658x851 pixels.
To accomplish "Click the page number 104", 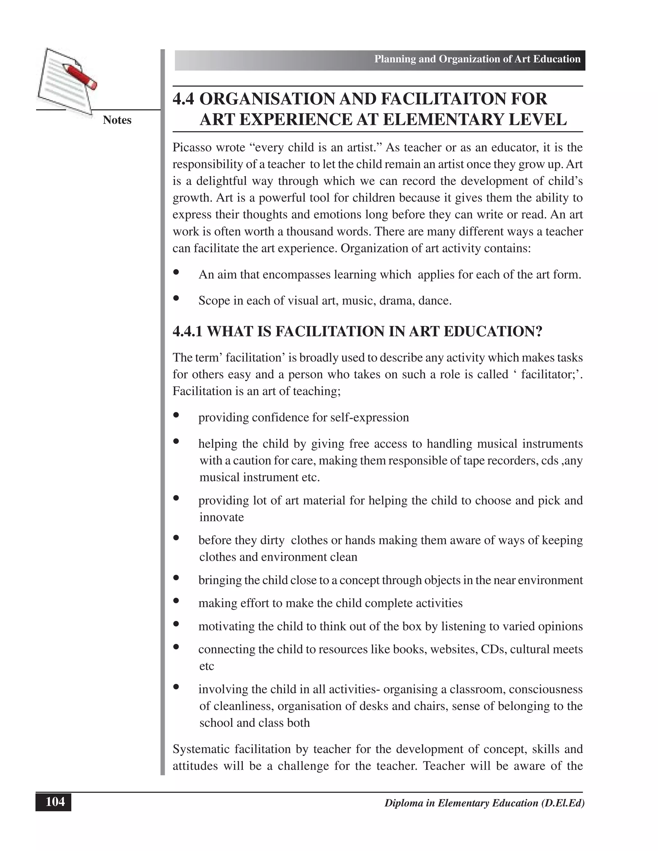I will tap(55, 802).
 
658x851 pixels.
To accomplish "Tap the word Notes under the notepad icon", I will tap(117, 120).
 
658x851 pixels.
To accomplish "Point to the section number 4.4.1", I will tap(188, 332).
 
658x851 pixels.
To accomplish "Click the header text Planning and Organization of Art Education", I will tap(477, 59).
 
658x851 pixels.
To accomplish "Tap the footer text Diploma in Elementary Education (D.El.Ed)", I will tap(484, 803).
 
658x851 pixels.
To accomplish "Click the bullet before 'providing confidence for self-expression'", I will tap(176, 415).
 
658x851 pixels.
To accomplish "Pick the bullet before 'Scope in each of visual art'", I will tap(176, 298).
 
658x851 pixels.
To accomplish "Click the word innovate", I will tap(221, 517).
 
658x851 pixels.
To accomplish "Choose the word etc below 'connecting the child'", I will tap(207, 666).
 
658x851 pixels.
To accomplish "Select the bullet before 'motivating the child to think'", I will tap(176, 624).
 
